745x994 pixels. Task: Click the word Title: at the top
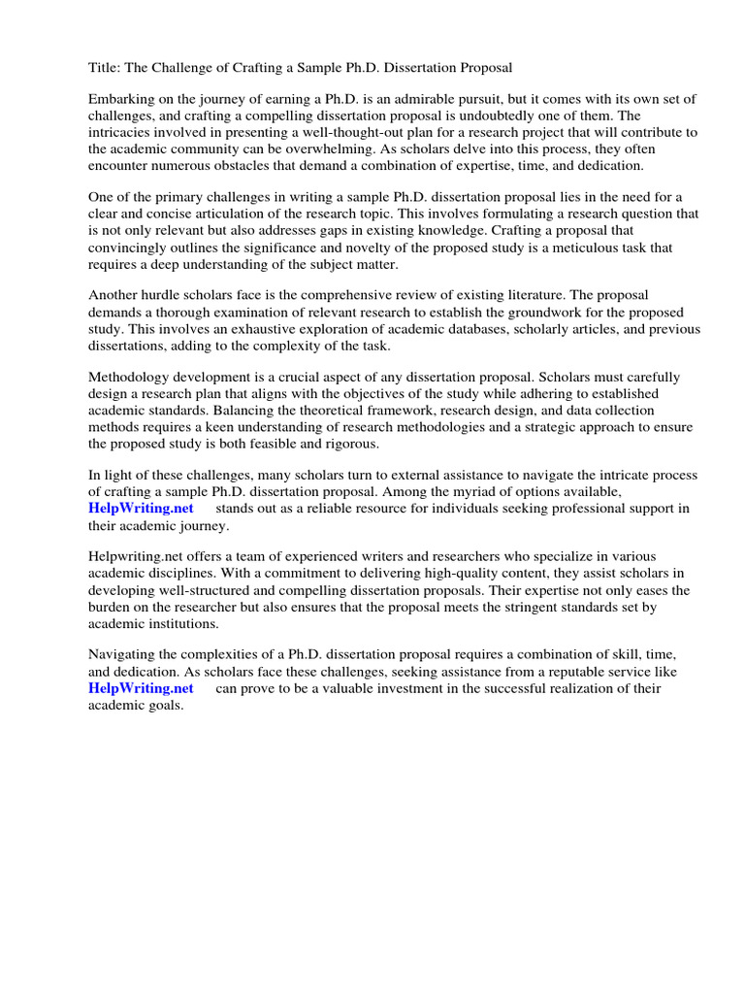[106, 68]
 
